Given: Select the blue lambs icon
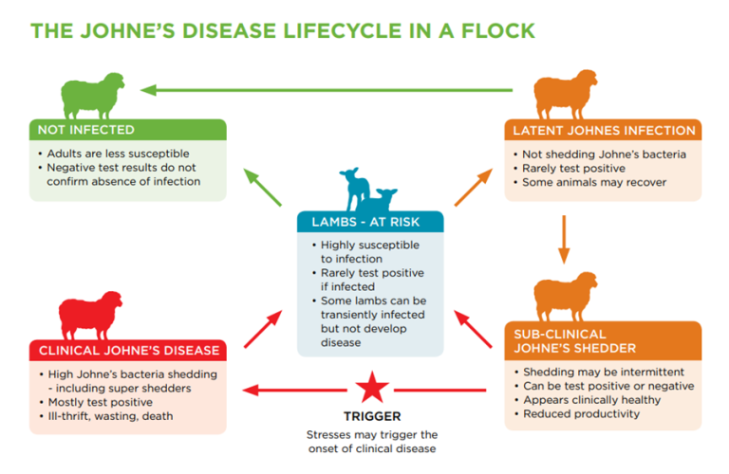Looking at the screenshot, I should point(371,190).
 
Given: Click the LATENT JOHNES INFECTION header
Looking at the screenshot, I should point(604,130).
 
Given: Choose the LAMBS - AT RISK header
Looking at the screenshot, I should point(370,222).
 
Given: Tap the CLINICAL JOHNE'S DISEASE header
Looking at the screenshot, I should point(127,350).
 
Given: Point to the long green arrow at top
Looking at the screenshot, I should point(332,91).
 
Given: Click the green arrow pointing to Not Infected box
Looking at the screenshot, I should point(264,188).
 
